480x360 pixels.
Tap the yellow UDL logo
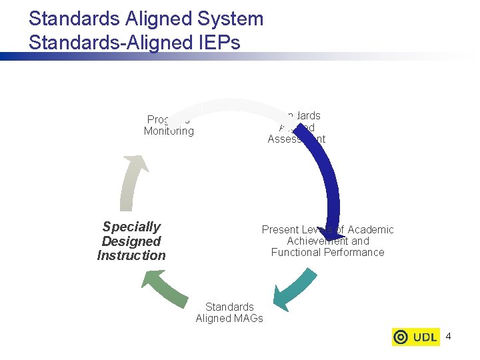click(x=415, y=337)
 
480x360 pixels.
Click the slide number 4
click(x=448, y=337)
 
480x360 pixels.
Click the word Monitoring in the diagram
click(x=169, y=131)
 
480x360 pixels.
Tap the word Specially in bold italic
click(x=131, y=227)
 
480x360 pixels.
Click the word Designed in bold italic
click(x=131, y=241)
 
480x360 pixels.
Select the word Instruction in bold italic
click(x=131, y=255)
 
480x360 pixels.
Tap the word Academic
click(x=371, y=229)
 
